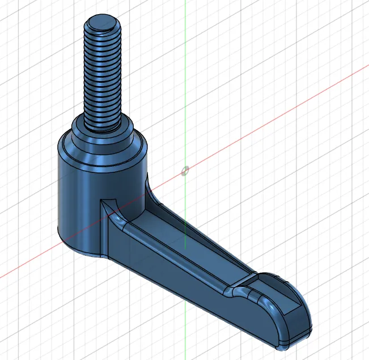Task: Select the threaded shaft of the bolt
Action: pos(103,74)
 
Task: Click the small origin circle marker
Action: pos(185,171)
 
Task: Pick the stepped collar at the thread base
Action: pos(103,128)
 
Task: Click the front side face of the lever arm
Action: pos(170,283)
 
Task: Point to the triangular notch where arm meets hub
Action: pos(108,204)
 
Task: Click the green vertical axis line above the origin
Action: pos(185,85)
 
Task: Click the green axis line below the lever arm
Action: pos(185,340)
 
